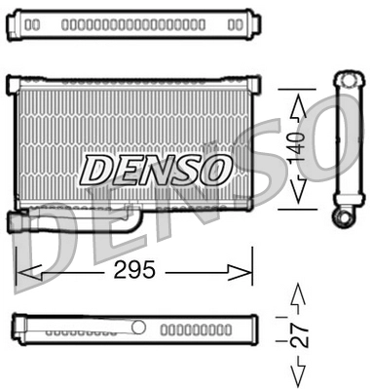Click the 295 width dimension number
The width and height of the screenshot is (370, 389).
pos(133,271)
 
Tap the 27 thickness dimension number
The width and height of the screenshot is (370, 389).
pos(301,334)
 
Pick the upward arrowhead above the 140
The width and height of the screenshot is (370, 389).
pos(298,101)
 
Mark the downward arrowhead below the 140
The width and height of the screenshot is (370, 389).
pos(298,193)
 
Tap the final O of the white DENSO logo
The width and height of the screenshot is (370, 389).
pos(214,170)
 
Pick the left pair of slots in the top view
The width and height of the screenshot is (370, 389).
pos(33,22)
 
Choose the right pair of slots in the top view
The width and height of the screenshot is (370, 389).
pos(233,22)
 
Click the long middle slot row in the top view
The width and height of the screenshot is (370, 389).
pos(132,22)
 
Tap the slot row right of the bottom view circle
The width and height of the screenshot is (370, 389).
pos(193,330)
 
